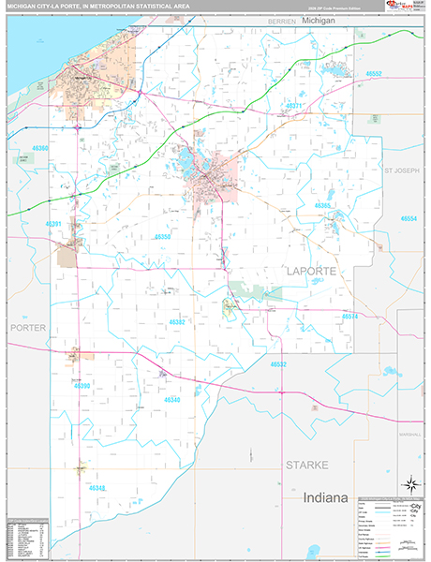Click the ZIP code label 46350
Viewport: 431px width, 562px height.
click(x=162, y=237)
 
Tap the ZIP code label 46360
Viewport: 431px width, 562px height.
click(x=40, y=148)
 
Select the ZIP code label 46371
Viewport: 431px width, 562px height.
click(x=294, y=106)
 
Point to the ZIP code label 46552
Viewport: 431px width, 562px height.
click(x=374, y=73)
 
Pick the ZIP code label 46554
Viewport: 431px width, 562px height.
click(x=409, y=218)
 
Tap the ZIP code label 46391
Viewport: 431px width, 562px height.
click(x=53, y=224)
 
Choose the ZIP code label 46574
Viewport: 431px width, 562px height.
click(x=349, y=317)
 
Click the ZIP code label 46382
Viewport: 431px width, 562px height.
click(x=176, y=321)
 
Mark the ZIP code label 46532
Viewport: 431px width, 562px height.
click(x=278, y=363)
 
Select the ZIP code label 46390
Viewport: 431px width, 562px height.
click(x=82, y=386)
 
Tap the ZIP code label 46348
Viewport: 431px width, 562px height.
click(x=97, y=488)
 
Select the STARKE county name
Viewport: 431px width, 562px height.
click(x=305, y=465)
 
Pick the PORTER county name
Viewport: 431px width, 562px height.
click(x=27, y=328)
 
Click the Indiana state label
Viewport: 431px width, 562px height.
click(x=325, y=496)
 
